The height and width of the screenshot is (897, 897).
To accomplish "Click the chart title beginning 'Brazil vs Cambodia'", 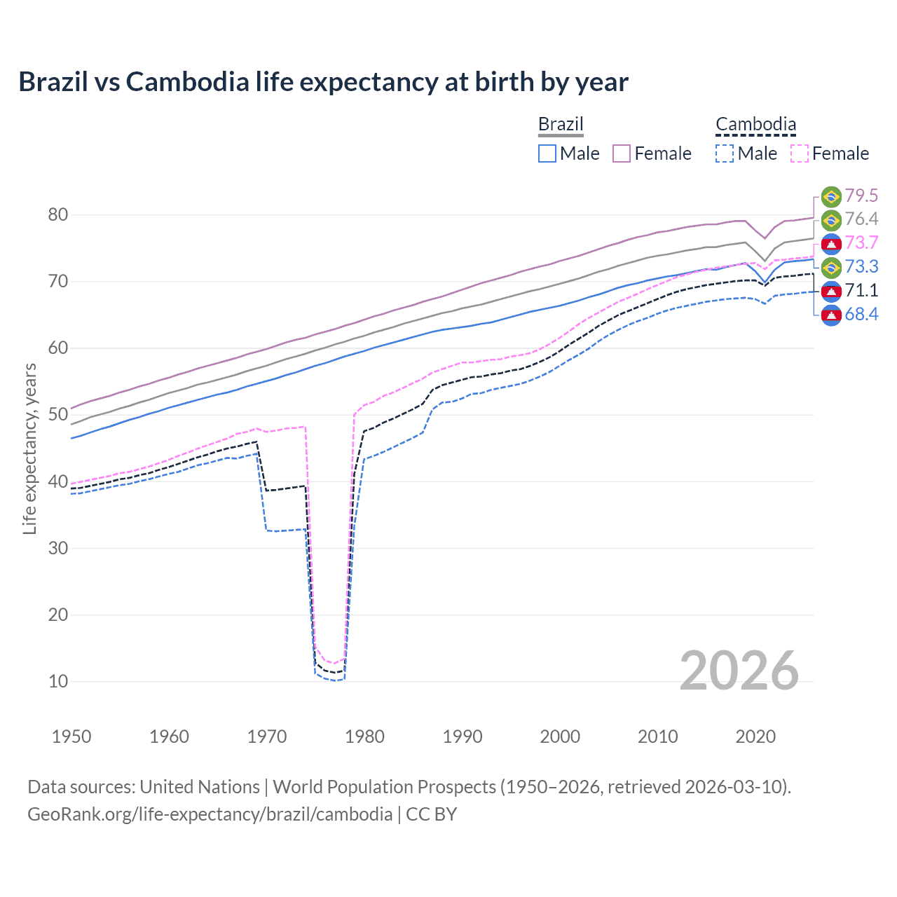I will tap(323, 82).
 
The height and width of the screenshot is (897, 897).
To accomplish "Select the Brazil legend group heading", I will tap(561, 124).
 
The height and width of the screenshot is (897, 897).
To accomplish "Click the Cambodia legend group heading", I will tap(755, 124).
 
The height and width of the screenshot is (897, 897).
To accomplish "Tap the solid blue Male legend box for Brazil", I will tap(547, 153).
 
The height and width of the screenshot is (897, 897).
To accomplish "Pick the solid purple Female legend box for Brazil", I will tap(622, 153).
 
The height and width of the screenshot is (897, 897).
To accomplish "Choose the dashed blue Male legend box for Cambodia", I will tap(725, 153).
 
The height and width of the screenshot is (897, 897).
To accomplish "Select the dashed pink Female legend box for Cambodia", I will tap(800, 153).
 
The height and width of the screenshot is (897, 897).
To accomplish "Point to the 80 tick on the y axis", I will tap(58, 215).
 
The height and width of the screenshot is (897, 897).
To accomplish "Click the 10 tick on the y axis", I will tap(58, 681).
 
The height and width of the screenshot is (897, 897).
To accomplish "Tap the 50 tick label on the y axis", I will tap(58, 415).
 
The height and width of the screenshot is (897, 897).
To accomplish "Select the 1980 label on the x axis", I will tap(364, 737).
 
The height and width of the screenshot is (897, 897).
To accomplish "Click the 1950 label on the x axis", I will tap(71, 737).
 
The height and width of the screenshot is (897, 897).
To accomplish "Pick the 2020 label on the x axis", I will tap(755, 737).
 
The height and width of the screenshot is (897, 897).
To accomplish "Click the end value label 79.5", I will tap(861, 196).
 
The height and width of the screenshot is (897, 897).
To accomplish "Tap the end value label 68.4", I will tap(861, 314).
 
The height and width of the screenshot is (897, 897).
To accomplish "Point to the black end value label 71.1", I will tap(861, 290).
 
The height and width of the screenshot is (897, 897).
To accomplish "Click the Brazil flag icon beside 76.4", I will tap(831, 220).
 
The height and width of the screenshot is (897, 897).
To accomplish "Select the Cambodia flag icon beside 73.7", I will tap(831, 243).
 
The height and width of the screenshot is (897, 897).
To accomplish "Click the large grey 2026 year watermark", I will tap(739, 671).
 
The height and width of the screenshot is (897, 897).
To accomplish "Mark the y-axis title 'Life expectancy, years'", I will tap(29, 448).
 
